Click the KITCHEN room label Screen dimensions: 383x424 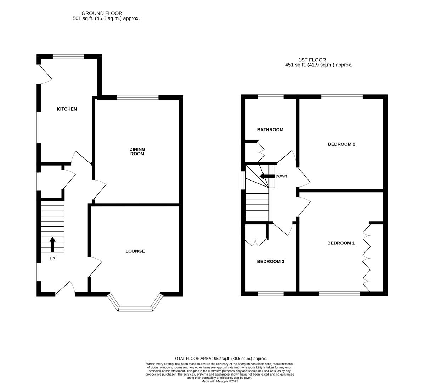click(x=67, y=109)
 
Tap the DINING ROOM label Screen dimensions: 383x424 click(x=137, y=151)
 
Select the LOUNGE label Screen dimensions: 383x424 click(x=135, y=251)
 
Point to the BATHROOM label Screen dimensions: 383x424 click(x=270, y=130)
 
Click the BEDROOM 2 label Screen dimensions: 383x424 click(x=341, y=144)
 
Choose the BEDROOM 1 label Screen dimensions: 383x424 click(x=341, y=243)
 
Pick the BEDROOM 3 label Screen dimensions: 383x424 click(x=270, y=262)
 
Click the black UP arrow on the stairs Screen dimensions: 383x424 click(x=52, y=244)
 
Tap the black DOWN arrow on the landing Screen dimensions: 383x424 click(x=267, y=176)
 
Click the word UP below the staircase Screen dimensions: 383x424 click(x=52, y=259)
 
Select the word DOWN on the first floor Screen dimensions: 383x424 click(x=281, y=176)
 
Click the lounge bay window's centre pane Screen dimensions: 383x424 click(x=135, y=309)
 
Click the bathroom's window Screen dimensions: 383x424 click(x=270, y=96)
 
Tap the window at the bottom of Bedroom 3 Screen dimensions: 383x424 click(x=270, y=293)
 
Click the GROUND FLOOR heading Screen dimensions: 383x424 click(x=102, y=13)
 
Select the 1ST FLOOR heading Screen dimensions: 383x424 click(x=312, y=60)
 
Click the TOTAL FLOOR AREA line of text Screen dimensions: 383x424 click(x=219, y=359)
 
